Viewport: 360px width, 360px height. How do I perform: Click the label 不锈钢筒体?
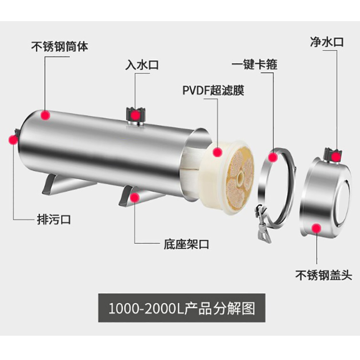point(59,46)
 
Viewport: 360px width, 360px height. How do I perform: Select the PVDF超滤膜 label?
point(213,90)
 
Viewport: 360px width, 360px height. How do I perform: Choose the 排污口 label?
point(54,220)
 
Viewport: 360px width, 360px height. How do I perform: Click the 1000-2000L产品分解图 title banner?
point(182,308)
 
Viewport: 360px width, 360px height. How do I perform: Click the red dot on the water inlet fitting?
point(135,116)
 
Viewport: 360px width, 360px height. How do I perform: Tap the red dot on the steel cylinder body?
point(45,115)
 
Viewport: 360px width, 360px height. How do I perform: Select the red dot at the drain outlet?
point(13,139)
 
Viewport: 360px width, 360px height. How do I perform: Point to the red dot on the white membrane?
point(218,152)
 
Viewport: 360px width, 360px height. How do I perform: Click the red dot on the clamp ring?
point(273,157)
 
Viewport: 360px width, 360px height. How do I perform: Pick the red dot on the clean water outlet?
point(336,156)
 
